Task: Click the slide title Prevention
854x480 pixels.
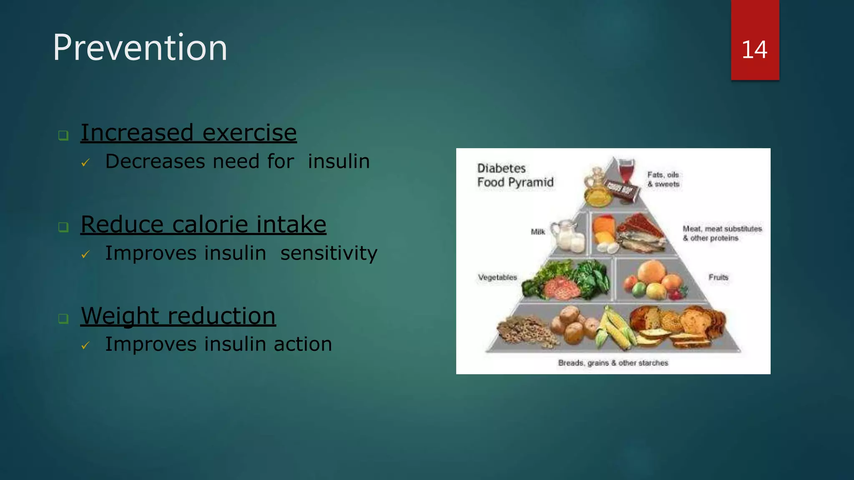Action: [x=140, y=47]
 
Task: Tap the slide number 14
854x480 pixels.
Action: [x=754, y=50]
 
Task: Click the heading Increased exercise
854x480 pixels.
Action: [x=188, y=133]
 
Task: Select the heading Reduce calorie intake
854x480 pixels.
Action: [x=203, y=225]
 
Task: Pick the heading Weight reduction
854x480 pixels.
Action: [x=178, y=316]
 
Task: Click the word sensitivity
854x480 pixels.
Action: [x=329, y=253]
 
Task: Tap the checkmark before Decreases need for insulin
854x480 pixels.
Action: [x=85, y=162]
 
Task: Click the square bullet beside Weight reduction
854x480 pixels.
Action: [x=63, y=319]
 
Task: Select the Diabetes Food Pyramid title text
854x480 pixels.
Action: [x=515, y=175]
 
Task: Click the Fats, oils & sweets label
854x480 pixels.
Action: [x=663, y=179]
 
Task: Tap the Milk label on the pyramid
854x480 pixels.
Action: [x=538, y=232]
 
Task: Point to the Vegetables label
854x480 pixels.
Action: [x=497, y=277]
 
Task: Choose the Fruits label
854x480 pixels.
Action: [x=718, y=277]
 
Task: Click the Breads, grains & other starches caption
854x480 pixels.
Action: [x=613, y=363]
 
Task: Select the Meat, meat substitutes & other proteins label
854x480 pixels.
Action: [x=722, y=233]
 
